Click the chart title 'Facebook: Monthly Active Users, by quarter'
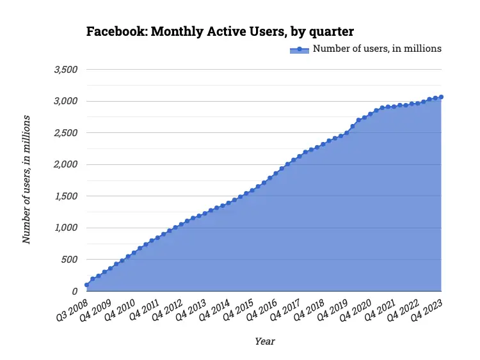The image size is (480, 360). click(220, 32)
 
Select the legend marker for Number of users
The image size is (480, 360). click(299, 49)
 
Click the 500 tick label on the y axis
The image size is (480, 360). click(69, 260)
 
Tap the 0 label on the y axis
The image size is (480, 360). click(74, 291)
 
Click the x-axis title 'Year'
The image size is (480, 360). click(264, 341)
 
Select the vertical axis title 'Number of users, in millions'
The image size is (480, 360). click(27, 180)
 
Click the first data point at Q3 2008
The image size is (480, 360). click(86, 285)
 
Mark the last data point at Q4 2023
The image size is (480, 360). click(442, 97)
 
